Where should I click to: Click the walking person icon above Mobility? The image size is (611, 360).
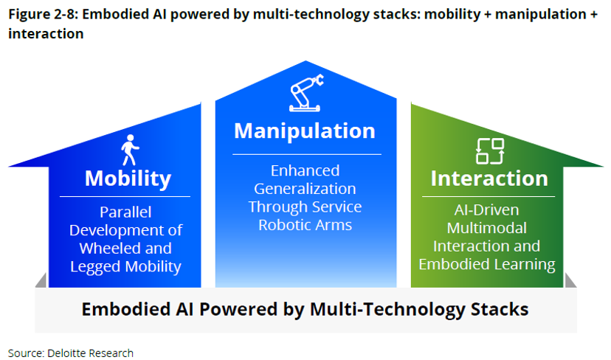tap(130, 150)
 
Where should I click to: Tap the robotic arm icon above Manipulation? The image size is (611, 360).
tap(305, 97)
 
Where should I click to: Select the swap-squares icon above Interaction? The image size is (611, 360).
tap(489, 151)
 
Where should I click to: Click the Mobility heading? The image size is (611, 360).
tap(128, 179)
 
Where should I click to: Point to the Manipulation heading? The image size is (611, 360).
tap(305, 131)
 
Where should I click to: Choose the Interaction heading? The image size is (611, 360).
tap(489, 179)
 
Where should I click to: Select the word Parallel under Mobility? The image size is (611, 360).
tap(125, 212)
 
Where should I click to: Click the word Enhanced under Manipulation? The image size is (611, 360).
tap(305, 170)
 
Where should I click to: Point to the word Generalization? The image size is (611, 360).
tap(306, 189)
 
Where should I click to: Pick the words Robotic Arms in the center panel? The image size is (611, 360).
tap(305, 225)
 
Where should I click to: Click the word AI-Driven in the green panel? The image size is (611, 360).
tap(487, 210)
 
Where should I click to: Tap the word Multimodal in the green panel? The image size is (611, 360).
tap(487, 228)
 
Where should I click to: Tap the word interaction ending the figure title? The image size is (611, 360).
tap(46, 34)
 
